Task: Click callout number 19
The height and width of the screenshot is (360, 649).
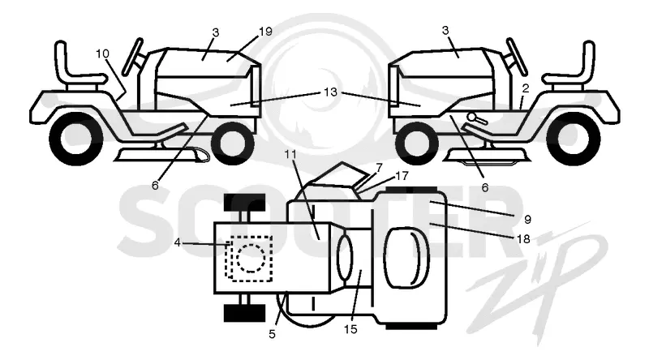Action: pyautogui.click(x=265, y=32)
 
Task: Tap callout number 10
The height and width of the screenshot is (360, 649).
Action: pyautogui.click(x=102, y=54)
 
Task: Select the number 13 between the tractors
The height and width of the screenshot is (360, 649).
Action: pyautogui.click(x=330, y=92)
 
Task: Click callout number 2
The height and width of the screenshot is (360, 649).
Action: pyautogui.click(x=526, y=88)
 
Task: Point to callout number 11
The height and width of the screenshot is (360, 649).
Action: pyautogui.click(x=290, y=154)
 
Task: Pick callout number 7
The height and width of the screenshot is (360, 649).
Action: pyautogui.click(x=379, y=167)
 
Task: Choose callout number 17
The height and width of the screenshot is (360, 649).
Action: pyautogui.click(x=402, y=176)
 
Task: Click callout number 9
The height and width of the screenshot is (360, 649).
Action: pyautogui.click(x=527, y=219)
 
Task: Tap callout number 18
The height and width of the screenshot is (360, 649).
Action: pyautogui.click(x=523, y=238)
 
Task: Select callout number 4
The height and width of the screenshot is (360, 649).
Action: pyautogui.click(x=177, y=243)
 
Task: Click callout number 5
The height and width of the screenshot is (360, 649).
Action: pyautogui.click(x=272, y=334)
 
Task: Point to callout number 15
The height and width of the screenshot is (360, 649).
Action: pyautogui.click(x=350, y=329)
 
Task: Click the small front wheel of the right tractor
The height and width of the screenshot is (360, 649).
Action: pyautogui.click(x=417, y=144)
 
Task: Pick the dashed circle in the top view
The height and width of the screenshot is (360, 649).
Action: pyautogui.click(x=251, y=258)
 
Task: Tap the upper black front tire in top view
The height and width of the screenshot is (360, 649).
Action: pyautogui.click(x=245, y=202)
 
